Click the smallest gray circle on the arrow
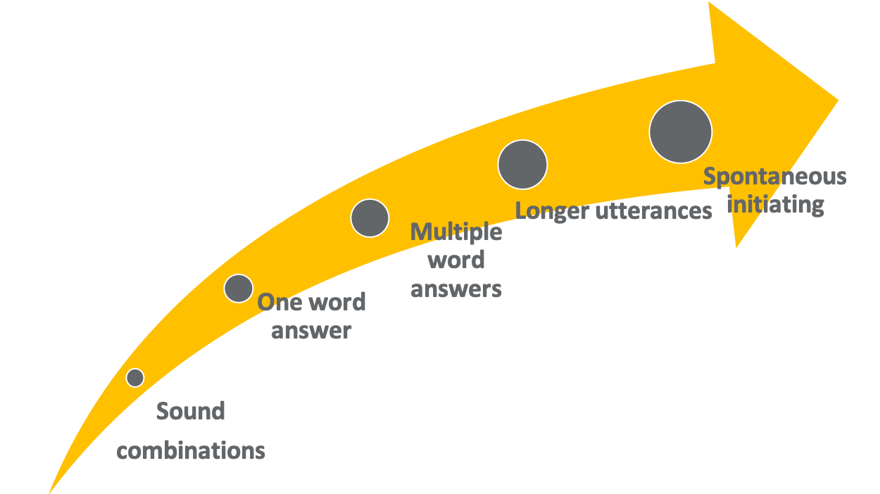tap(135, 378)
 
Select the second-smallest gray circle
tap(239, 289)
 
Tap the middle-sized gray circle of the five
tap(370, 218)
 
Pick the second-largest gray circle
tap(522, 165)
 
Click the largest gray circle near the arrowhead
tap(681, 132)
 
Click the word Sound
tap(191, 411)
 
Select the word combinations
tap(191, 450)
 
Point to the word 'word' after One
tap(337, 302)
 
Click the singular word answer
tap(311, 331)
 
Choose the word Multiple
tap(456, 232)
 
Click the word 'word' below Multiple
tap(456, 260)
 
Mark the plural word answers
tap(456, 289)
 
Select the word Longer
tap(552, 212)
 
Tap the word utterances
tap(654, 211)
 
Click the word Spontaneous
tap(774, 177)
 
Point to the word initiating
tap(776, 205)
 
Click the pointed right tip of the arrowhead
tap(838, 100)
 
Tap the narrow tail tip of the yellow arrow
tap(49, 493)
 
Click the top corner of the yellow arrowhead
tap(709, 2)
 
